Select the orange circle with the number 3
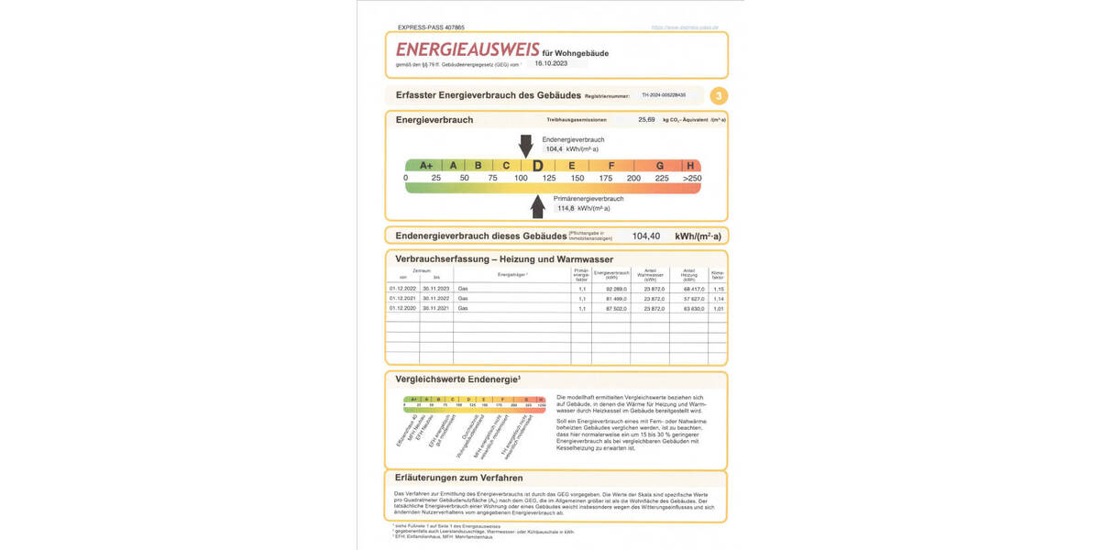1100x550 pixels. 720,95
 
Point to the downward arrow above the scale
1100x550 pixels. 525,145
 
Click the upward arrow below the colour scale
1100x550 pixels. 537,206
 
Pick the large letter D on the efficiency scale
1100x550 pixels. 537,166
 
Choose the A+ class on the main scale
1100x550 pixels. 425,166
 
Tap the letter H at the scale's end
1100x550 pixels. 690,166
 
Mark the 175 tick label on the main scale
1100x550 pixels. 606,178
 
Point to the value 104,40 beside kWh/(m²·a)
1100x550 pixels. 646,236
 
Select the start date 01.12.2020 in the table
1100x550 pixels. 403,309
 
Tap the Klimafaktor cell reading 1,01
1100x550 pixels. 719,309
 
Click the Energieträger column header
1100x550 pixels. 512,275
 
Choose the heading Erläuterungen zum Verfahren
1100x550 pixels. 459,478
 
